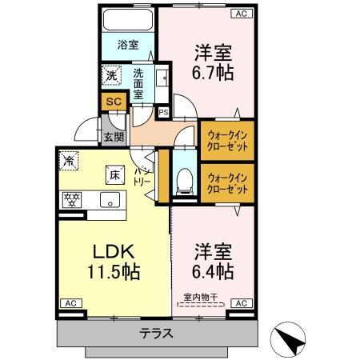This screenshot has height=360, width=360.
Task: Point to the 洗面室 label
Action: click(x=139, y=81)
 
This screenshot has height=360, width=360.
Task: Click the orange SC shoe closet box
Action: click(x=113, y=102)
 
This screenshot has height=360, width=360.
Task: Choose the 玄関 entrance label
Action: click(x=113, y=136)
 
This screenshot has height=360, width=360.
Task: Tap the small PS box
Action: click(x=164, y=113)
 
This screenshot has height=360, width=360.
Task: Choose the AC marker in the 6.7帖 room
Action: click(x=239, y=14)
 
